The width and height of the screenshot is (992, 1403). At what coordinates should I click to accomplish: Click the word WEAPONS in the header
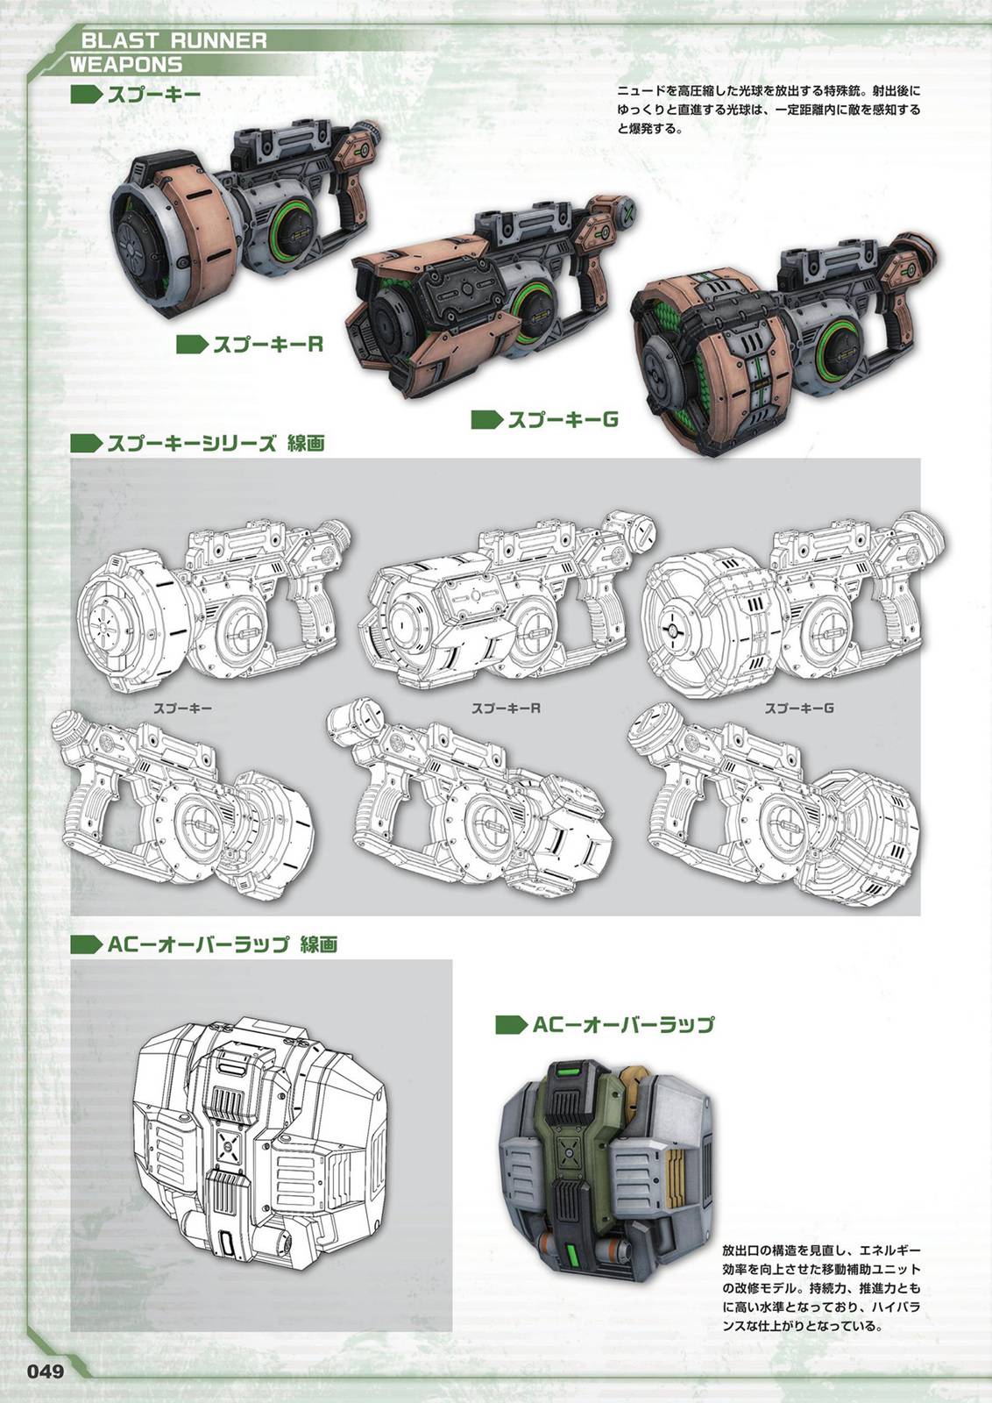(x=126, y=65)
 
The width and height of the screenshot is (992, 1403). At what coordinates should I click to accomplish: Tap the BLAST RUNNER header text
(x=174, y=41)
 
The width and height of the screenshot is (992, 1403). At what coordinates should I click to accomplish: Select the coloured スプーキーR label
(x=268, y=344)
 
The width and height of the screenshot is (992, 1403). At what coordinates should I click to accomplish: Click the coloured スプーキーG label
(x=563, y=419)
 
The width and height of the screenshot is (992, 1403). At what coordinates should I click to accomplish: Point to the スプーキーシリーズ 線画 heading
(x=216, y=444)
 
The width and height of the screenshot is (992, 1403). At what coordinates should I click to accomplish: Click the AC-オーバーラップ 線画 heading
(x=223, y=944)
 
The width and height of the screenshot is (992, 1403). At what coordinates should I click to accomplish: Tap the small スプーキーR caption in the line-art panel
(x=506, y=709)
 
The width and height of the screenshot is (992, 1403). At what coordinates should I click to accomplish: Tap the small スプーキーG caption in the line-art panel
(x=799, y=709)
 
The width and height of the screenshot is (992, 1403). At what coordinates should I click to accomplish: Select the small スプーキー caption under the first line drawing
(x=183, y=709)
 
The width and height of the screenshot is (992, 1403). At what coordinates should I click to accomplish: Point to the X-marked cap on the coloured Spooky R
(x=628, y=211)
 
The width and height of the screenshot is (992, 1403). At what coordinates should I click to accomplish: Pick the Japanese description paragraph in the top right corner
(x=769, y=110)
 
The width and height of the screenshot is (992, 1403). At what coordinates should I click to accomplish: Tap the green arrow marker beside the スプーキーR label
(x=192, y=344)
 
